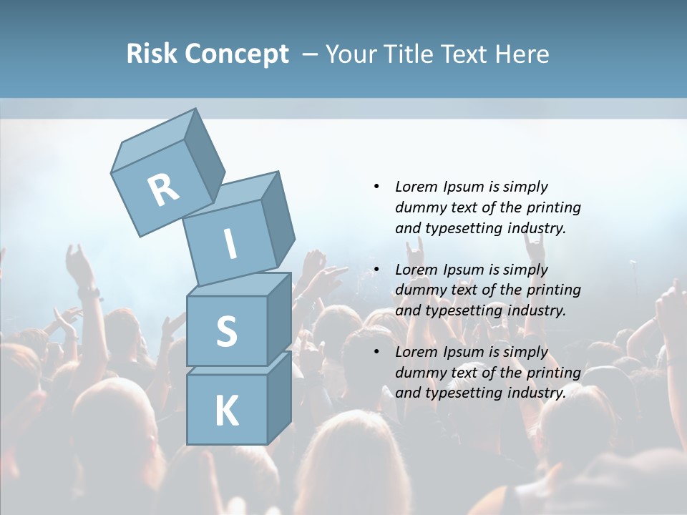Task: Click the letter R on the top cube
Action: tap(163, 190)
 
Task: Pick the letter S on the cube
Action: tap(226, 331)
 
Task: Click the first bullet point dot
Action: tap(376, 187)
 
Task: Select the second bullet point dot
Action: tap(376, 270)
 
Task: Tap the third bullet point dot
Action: tap(376, 352)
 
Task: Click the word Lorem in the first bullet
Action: tap(415, 187)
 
